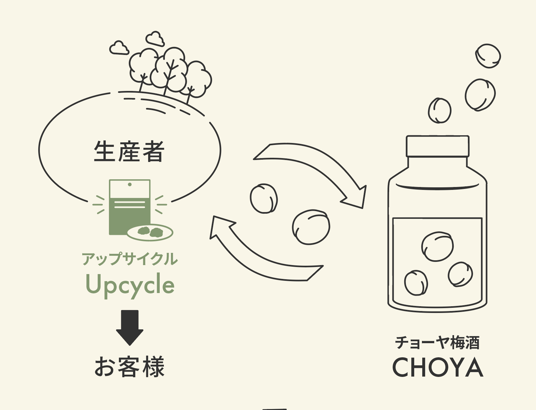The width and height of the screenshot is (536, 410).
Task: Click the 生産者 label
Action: pyautogui.click(x=129, y=151)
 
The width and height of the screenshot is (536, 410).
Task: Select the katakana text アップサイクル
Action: pyautogui.click(x=130, y=259)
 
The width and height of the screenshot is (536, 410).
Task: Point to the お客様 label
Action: pyautogui.click(x=130, y=367)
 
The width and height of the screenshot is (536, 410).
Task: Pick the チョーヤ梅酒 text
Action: pyautogui.click(x=437, y=343)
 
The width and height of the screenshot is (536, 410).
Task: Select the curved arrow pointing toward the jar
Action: pyautogui.click(x=315, y=174)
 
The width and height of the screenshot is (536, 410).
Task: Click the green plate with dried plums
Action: pyautogui.click(x=150, y=232)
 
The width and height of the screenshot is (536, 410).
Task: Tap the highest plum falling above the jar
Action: pyautogui.click(x=488, y=56)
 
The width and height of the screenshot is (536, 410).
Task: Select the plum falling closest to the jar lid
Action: pyautogui.click(x=439, y=111)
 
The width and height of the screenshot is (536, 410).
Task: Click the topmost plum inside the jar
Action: pyautogui.click(x=437, y=246)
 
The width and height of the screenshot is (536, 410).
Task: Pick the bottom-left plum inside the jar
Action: pyautogui.click(x=416, y=283)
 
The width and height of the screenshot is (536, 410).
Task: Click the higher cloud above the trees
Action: pyautogui.click(x=155, y=39)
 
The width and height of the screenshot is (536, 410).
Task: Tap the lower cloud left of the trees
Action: pyautogui.click(x=119, y=48)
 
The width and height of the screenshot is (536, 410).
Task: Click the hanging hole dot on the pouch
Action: pyautogui.click(x=130, y=184)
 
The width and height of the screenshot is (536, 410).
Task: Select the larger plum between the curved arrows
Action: pyautogui.click(x=311, y=227)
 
